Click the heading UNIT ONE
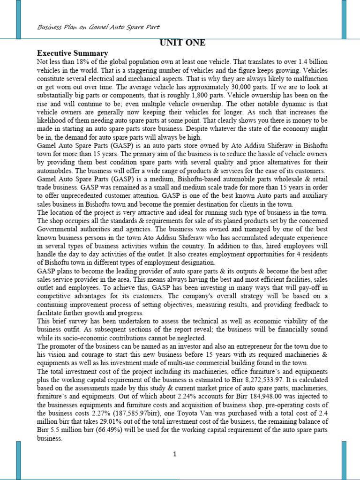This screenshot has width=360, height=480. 182,44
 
